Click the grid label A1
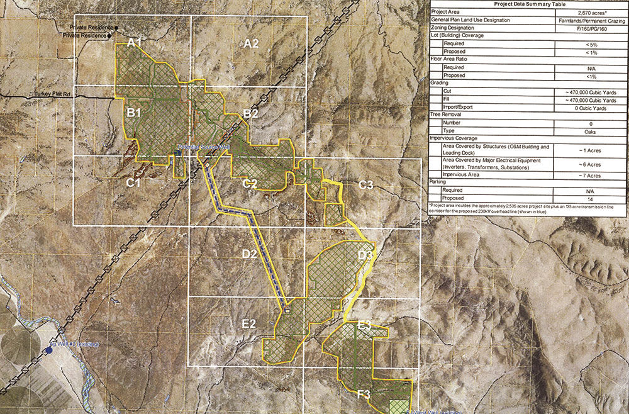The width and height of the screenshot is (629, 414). click(135, 42)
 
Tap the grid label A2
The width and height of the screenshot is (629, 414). click(251, 43)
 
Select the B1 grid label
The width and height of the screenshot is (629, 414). click(133, 113)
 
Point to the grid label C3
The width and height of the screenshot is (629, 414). click(366, 184)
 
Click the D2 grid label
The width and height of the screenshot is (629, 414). click(249, 254)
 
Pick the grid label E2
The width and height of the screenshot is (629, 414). click(249, 324)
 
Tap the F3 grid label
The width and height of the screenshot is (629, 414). click(364, 394)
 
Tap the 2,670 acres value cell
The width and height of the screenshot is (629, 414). click(591, 12)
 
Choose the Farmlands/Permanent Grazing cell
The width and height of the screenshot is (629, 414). click(591, 20)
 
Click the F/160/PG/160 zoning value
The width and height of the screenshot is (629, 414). click(591, 28)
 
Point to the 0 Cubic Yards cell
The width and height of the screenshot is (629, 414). click(591, 108)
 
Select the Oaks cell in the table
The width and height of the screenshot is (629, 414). click(591, 131)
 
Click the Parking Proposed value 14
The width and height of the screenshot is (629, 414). click(591, 198)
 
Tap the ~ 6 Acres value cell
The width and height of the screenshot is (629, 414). click(591, 164)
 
